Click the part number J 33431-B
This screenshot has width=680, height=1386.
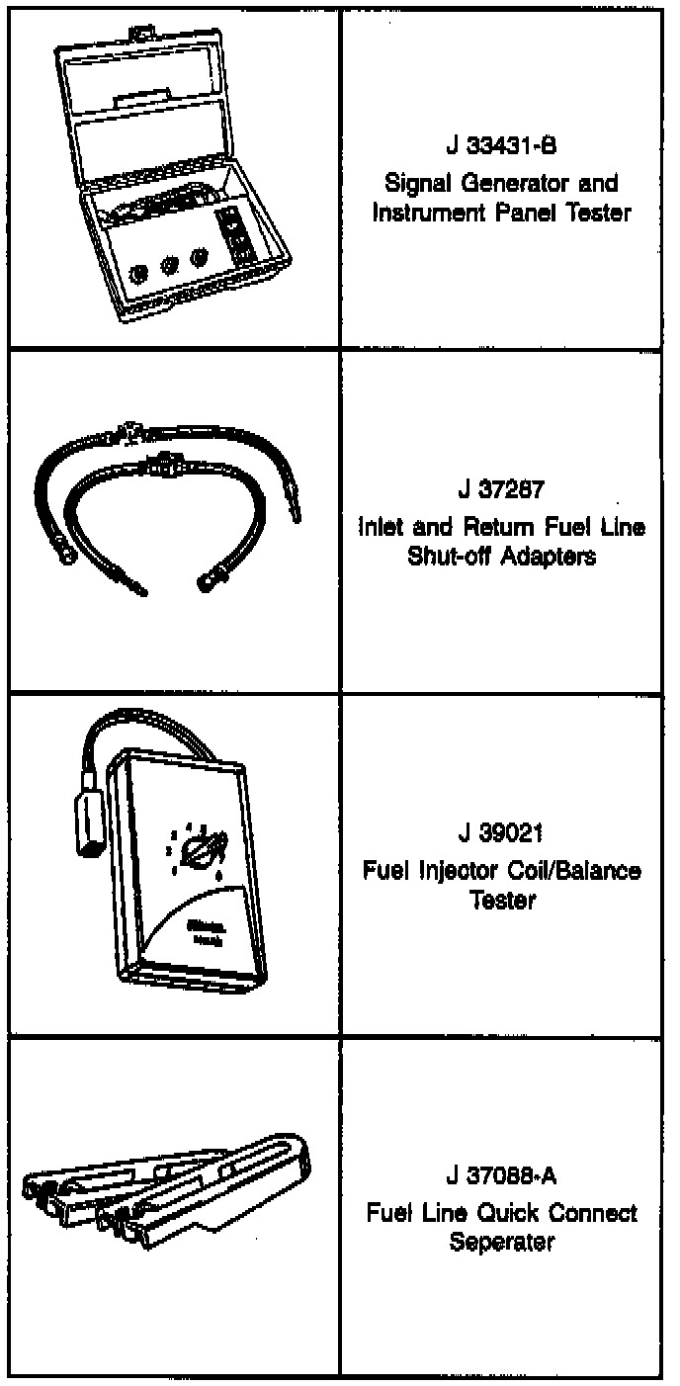(501, 148)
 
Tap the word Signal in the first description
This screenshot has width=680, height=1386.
(414, 184)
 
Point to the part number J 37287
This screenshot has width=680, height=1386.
(501, 492)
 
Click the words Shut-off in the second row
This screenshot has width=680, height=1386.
(442, 556)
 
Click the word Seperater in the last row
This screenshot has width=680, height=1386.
(501, 1243)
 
